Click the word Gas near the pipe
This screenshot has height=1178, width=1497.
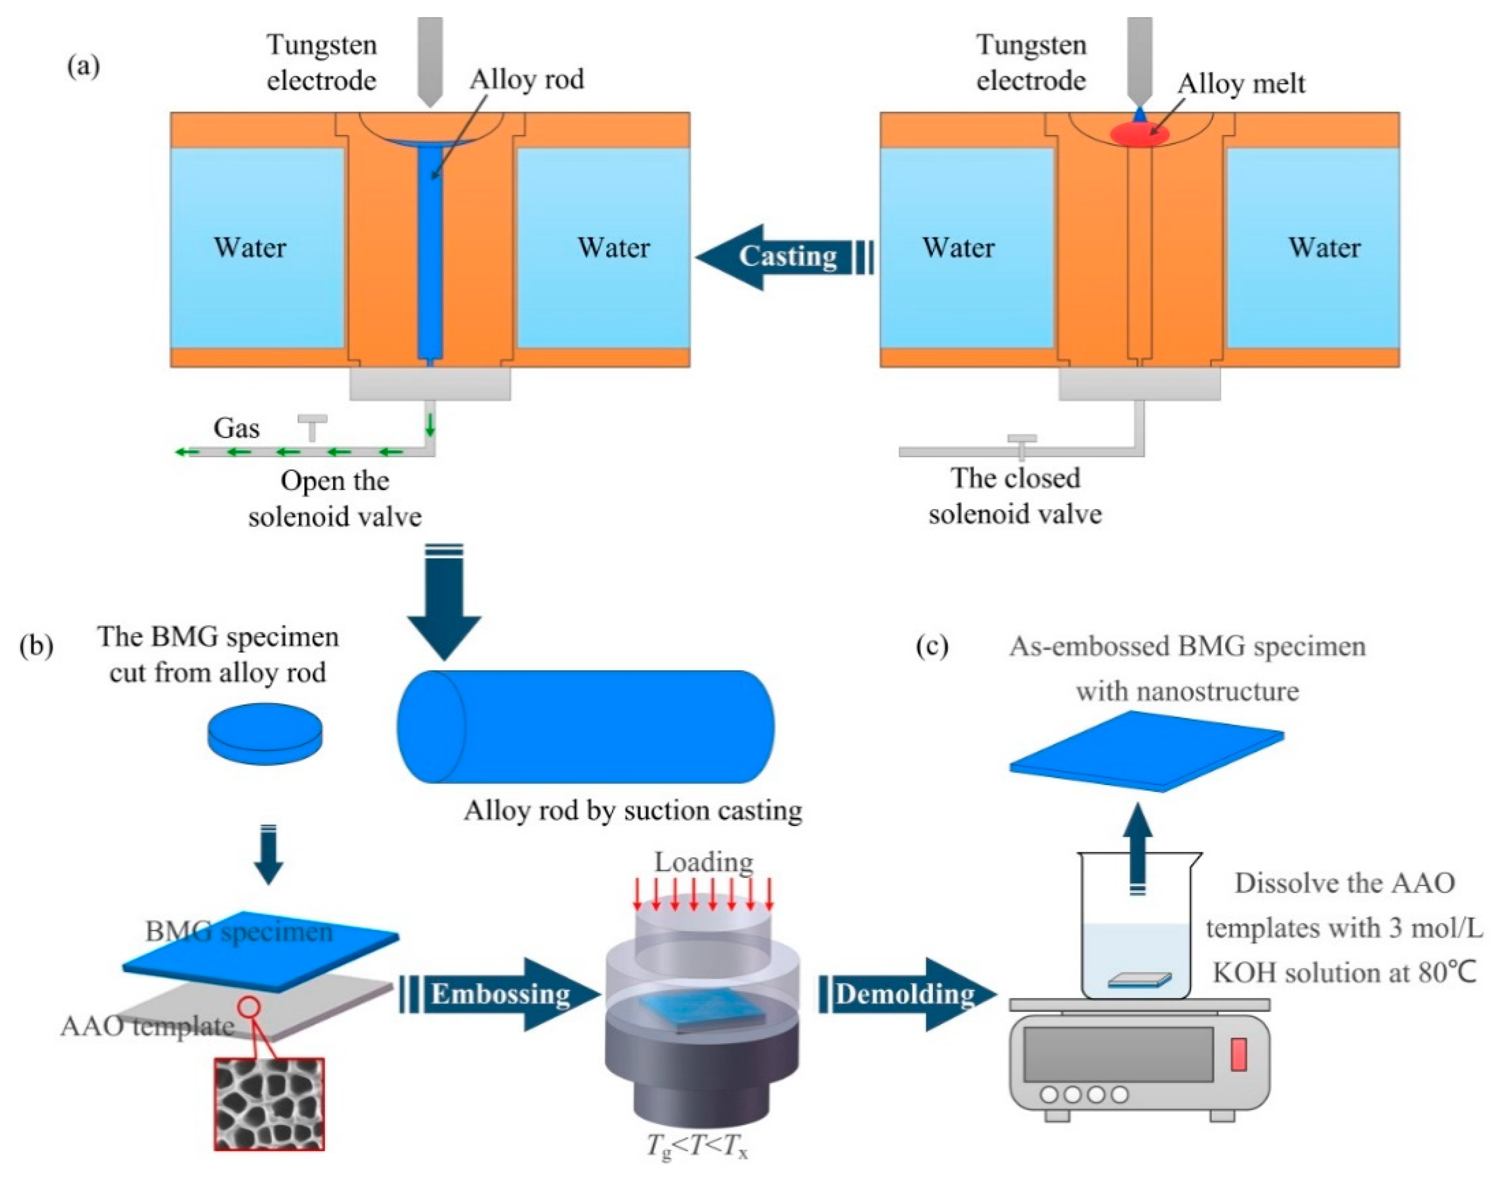(237, 428)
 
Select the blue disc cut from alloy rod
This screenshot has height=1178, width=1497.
(265, 734)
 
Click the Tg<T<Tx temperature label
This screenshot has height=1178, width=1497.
(696, 1146)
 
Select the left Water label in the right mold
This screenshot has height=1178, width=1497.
(959, 248)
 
